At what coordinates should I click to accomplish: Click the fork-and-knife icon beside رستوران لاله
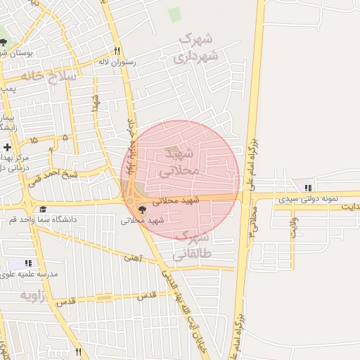pyautogui.click(x=117, y=51)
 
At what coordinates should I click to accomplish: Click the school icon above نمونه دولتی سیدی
pyautogui.click(x=307, y=187)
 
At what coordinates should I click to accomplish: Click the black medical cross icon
pyautogui.click(x=7, y=148)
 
